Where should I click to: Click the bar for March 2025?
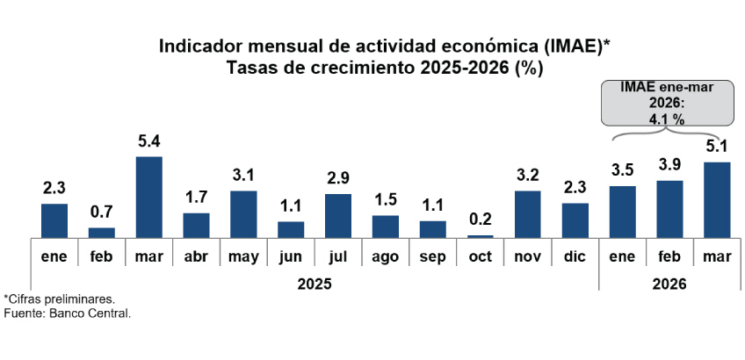coord(148,197)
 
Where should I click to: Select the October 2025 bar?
coord(481,235)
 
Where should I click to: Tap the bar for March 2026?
coord(717,199)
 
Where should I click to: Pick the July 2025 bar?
coord(338,215)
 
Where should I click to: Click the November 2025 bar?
coord(527,213)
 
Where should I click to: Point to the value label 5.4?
coord(148,140)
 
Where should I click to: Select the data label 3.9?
coord(669,165)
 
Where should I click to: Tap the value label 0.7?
coord(101,212)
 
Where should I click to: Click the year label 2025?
coord(314,284)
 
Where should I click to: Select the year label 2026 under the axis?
coord(669,284)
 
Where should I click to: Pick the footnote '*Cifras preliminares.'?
coord(59,299)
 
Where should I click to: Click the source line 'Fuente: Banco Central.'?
coord(68,313)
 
